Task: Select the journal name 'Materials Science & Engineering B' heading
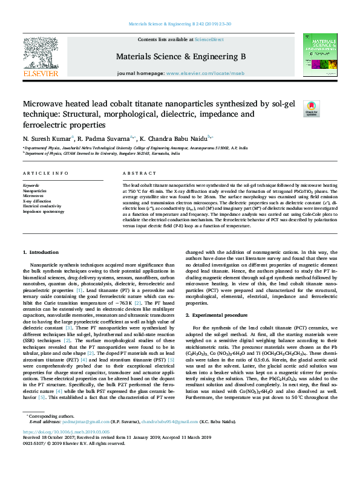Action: pyautogui.click(x=180, y=56)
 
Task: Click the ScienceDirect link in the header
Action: pyautogui.click(x=209, y=39)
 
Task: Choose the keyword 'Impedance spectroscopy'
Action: pyautogui.click(x=44, y=212)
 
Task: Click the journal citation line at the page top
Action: pyautogui.click(x=180, y=24)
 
